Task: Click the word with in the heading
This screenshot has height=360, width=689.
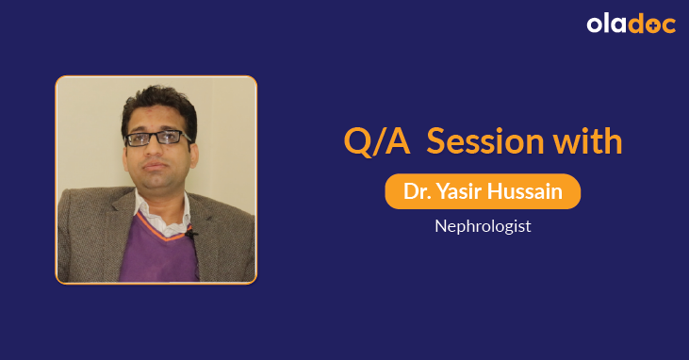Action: (587, 142)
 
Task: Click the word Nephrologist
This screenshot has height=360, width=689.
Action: (483, 226)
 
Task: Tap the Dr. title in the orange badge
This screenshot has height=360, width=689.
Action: (415, 191)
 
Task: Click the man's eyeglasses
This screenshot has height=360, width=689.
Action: (158, 138)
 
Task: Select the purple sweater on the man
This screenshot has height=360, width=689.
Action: (160, 247)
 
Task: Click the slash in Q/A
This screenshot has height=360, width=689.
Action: (376, 142)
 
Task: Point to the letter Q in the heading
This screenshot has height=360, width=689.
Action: (356, 142)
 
